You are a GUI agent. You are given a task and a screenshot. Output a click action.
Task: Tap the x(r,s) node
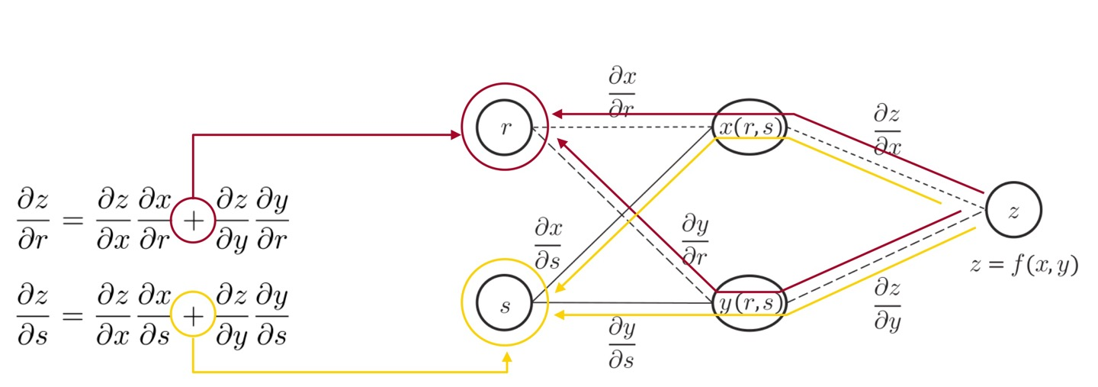[x=750, y=127]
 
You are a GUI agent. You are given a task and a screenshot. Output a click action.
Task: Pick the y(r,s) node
[x=750, y=303]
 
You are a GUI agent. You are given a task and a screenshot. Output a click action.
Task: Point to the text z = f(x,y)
[x=1023, y=266]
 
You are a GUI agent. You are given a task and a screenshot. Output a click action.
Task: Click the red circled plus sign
[x=194, y=221]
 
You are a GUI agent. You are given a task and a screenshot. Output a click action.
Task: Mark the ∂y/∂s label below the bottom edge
[x=621, y=343]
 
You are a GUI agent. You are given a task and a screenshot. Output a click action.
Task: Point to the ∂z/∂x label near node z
[x=887, y=131]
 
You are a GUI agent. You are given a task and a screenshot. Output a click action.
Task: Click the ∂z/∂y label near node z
[x=887, y=304]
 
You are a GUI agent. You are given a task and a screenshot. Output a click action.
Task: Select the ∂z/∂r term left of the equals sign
[x=32, y=221]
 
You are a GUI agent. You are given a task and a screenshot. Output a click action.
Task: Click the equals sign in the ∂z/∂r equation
[x=72, y=221]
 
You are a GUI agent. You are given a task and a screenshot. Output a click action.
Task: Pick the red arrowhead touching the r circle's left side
[x=456, y=135]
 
